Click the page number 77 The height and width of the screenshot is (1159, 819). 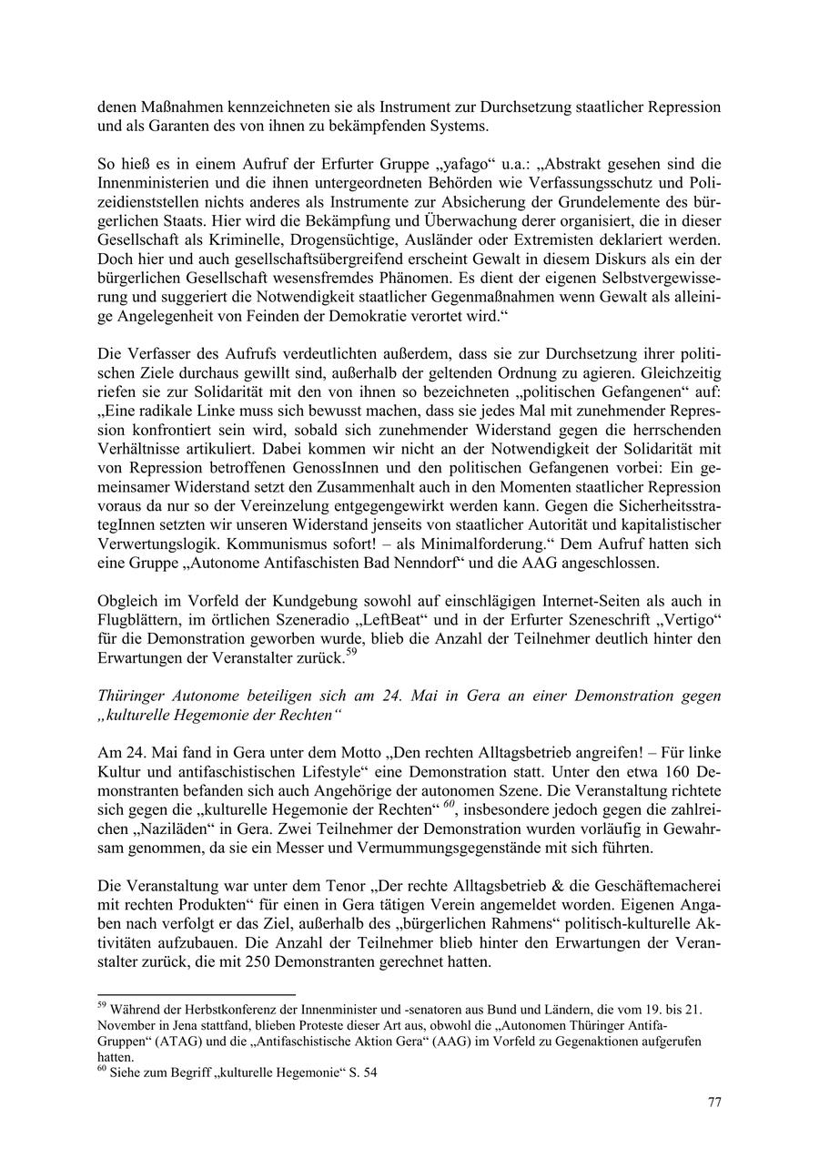pyautogui.click(x=714, y=1103)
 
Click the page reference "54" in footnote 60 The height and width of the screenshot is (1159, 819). pyautogui.click(x=369, y=1073)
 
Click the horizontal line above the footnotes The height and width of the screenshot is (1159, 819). pyautogui.click(x=197, y=995)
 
